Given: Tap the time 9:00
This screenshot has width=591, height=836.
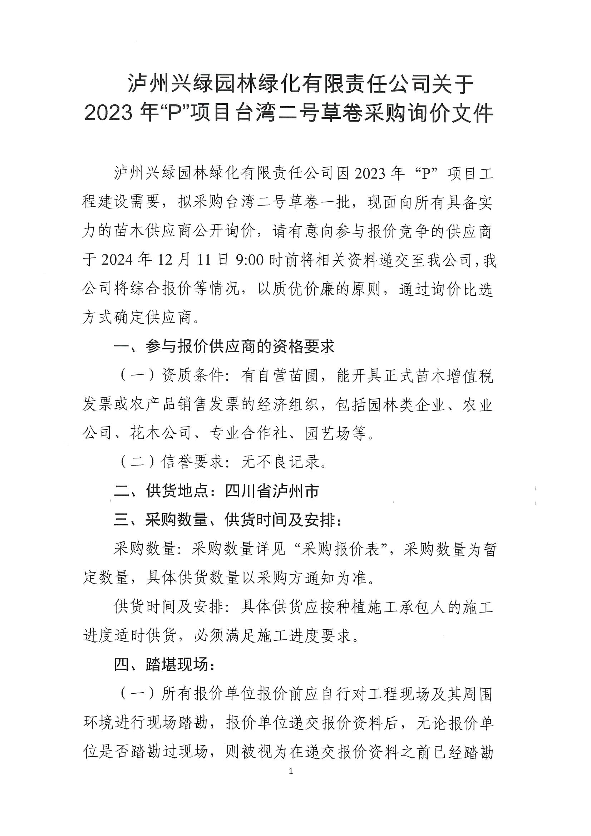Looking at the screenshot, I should tap(250, 261).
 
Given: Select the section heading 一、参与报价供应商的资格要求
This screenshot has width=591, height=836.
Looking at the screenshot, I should tap(224, 346).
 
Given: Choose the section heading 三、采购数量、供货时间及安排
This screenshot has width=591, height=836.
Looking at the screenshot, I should tap(228, 520).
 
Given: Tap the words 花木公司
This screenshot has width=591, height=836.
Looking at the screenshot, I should tap(161, 433).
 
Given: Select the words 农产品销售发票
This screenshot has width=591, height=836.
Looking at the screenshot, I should tap(186, 404).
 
